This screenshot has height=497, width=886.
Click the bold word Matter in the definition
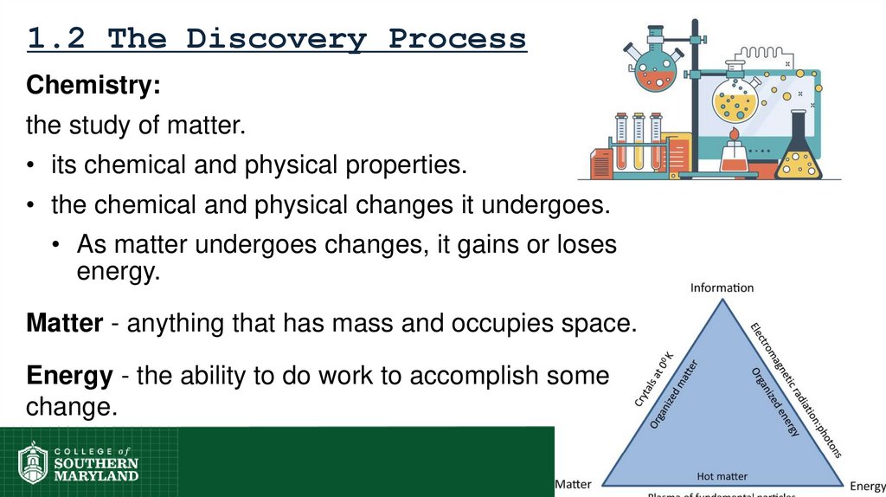(65, 324)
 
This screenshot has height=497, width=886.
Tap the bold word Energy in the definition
(69, 377)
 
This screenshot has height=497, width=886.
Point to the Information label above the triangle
(722, 287)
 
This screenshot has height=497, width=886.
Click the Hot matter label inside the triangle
(722, 475)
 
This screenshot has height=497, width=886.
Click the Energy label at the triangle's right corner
(867, 487)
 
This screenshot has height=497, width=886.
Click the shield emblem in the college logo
(33, 462)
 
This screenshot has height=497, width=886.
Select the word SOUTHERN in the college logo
(95, 463)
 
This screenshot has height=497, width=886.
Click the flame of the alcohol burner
(735, 136)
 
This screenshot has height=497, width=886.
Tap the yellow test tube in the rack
(639, 143)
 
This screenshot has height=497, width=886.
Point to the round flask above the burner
(735, 100)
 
